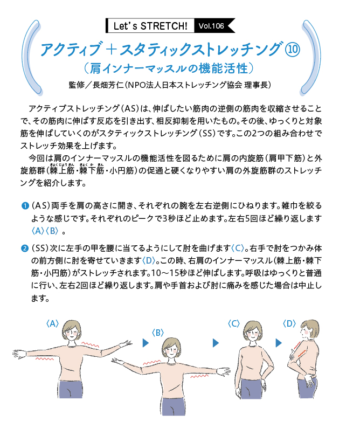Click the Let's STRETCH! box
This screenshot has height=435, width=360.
click(x=150, y=26)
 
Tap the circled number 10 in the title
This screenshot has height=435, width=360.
click(x=292, y=50)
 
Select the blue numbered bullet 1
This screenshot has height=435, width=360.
click(x=25, y=206)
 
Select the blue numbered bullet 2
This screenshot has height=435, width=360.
click(x=25, y=248)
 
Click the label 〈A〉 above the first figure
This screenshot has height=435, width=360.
click(x=52, y=323)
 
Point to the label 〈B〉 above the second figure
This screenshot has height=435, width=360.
click(x=158, y=333)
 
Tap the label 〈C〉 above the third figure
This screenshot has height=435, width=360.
click(x=233, y=323)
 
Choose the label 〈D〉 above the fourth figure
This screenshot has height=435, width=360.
click(x=289, y=323)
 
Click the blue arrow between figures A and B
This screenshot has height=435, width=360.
click(x=146, y=343)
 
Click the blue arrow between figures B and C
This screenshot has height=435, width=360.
click(x=216, y=343)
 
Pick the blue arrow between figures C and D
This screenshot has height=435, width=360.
click(x=279, y=343)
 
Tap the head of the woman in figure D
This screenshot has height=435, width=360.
click(x=309, y=329)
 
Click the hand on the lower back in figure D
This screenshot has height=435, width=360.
click(x=310, y=380)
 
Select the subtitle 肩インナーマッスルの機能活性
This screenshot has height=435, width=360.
click(x=168, y=68)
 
